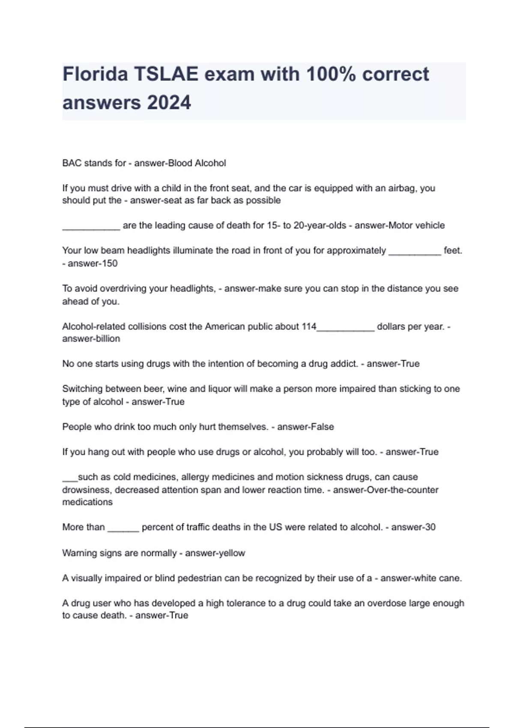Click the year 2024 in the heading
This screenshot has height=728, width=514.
(169, 103)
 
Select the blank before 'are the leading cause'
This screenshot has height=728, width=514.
(91, 226)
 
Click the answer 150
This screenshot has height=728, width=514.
(110, 263)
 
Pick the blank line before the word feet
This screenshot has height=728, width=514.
(415, 251)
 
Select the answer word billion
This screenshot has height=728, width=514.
(108, 339)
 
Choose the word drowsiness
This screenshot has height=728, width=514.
(86, 490)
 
